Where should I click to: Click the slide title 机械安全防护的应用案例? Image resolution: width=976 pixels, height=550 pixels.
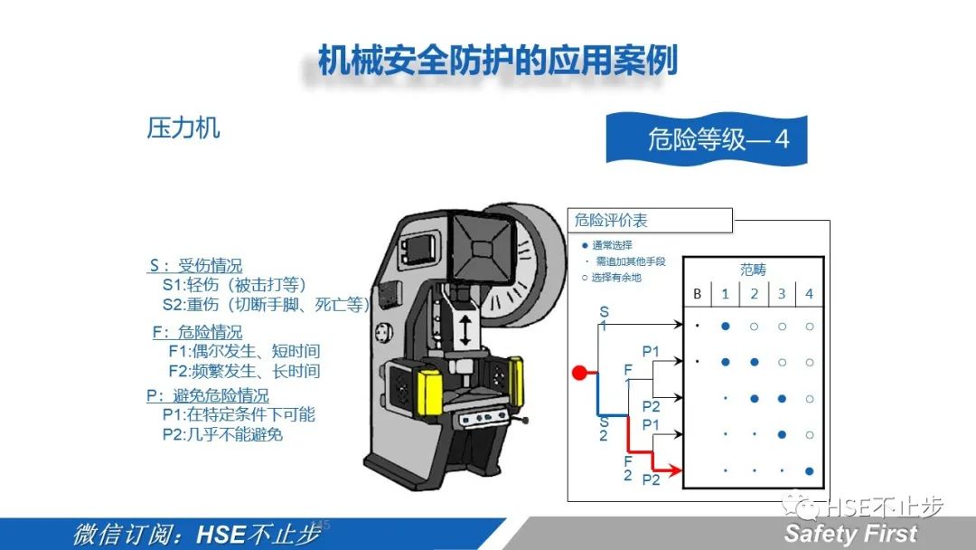click(497, 61)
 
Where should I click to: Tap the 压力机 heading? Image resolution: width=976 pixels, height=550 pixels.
click(183, 128)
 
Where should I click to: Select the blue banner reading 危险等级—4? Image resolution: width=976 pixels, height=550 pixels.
click(707, 139)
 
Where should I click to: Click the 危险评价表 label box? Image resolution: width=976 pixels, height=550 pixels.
click(650, 221)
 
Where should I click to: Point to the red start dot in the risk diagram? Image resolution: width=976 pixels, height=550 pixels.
click(579, 373)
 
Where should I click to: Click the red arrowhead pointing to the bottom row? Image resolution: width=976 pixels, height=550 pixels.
click(675, 470)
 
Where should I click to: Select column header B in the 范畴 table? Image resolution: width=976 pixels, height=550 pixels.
click(697, 294)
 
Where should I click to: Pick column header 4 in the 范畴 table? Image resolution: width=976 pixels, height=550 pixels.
click(809, 294)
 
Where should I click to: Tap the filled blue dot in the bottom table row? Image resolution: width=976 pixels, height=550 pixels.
click(809, 471)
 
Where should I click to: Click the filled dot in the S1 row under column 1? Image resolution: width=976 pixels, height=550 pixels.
click(725, 326)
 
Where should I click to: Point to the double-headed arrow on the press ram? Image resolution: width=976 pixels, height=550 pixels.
click(465, 329)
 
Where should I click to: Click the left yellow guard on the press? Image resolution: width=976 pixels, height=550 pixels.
click(430, 391)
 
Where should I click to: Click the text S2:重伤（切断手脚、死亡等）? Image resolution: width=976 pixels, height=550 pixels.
click(266, 305)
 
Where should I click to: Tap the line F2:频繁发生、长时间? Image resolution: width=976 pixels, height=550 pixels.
click(244, 371)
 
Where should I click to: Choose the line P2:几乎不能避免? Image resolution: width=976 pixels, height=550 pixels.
click(222, 434)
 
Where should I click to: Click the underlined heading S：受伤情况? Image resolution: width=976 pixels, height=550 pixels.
click(195, 266)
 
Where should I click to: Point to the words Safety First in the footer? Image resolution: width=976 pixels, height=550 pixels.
click(850, 534)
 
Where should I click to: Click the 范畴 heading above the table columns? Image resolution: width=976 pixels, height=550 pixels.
click(753, 270)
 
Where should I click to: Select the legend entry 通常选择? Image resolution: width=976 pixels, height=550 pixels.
click(607, 245)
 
